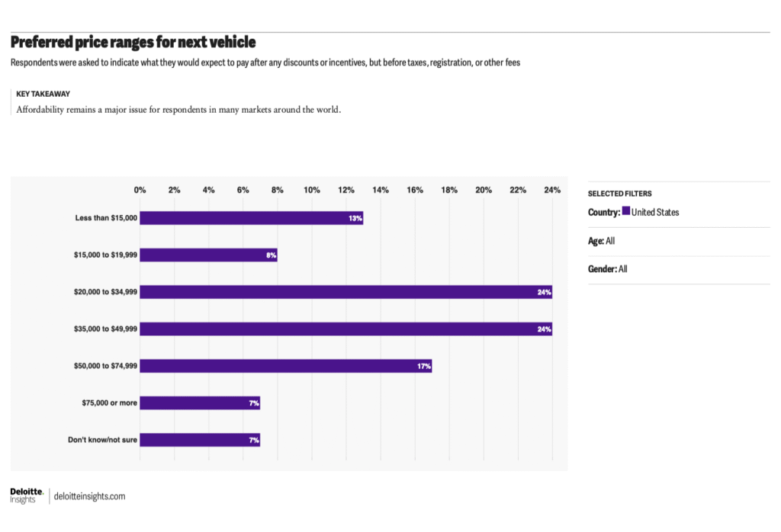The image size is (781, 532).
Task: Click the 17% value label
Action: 424,366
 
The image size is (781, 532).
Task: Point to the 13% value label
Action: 355,218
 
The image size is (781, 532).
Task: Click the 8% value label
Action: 271,255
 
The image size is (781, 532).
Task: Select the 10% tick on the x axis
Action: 311,190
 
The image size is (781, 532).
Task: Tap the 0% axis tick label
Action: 140,190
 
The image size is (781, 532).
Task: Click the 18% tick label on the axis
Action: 449,190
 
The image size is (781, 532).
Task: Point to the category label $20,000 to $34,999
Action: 100,292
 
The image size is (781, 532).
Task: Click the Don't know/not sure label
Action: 102,440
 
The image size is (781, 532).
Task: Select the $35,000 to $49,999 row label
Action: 100,329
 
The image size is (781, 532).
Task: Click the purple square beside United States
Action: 626,212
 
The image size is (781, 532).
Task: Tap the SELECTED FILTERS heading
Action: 619,194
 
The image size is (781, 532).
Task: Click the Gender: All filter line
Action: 608,269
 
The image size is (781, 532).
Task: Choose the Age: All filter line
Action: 601,241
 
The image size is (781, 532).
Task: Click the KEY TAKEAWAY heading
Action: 43,94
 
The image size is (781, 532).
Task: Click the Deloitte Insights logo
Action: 26,495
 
